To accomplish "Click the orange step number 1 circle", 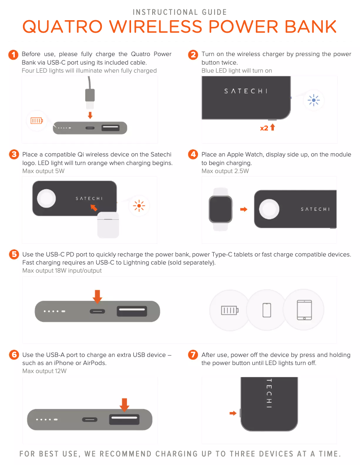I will click(14, 55).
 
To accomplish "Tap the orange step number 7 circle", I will click(193, 355).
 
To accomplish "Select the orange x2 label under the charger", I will click(264, 128).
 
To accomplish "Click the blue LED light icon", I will click(313, 100).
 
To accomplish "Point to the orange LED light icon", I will click(139, 206).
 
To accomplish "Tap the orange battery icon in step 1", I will click(37, 121).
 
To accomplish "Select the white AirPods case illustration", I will click(108, 224).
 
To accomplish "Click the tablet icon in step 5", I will click(304, 310).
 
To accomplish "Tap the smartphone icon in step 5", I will click(267, 310).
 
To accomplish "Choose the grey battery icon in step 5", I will click(230, 310).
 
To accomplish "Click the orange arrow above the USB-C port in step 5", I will click(97, 296).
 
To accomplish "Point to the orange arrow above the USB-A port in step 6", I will click(124, 404).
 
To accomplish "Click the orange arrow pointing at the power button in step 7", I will click(233, 413).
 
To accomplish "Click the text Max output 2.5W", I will click(225, 171).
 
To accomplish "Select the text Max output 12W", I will click(44, 371).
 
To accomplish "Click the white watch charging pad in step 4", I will click(269, 209).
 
